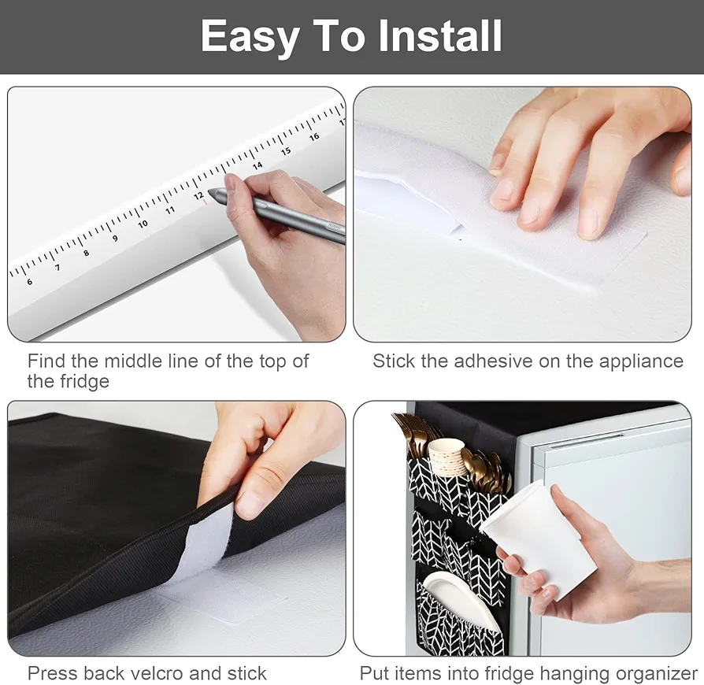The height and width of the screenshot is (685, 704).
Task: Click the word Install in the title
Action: coord(440,36)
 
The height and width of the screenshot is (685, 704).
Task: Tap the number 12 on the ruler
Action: coord(199,196)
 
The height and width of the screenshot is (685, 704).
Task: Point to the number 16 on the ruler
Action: coord(314,136)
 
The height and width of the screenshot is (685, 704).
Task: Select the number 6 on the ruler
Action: coord(30,281)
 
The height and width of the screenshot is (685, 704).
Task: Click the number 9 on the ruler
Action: coord(116,239)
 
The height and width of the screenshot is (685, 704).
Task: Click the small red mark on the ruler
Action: coord(205,202)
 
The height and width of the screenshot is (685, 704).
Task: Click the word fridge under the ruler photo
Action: coord(69,382)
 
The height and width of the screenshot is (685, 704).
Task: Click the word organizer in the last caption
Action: coord(657,674)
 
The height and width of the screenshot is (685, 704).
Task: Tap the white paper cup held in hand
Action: coord(539,539)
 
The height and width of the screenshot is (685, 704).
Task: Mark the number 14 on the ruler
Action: coord(258,166)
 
